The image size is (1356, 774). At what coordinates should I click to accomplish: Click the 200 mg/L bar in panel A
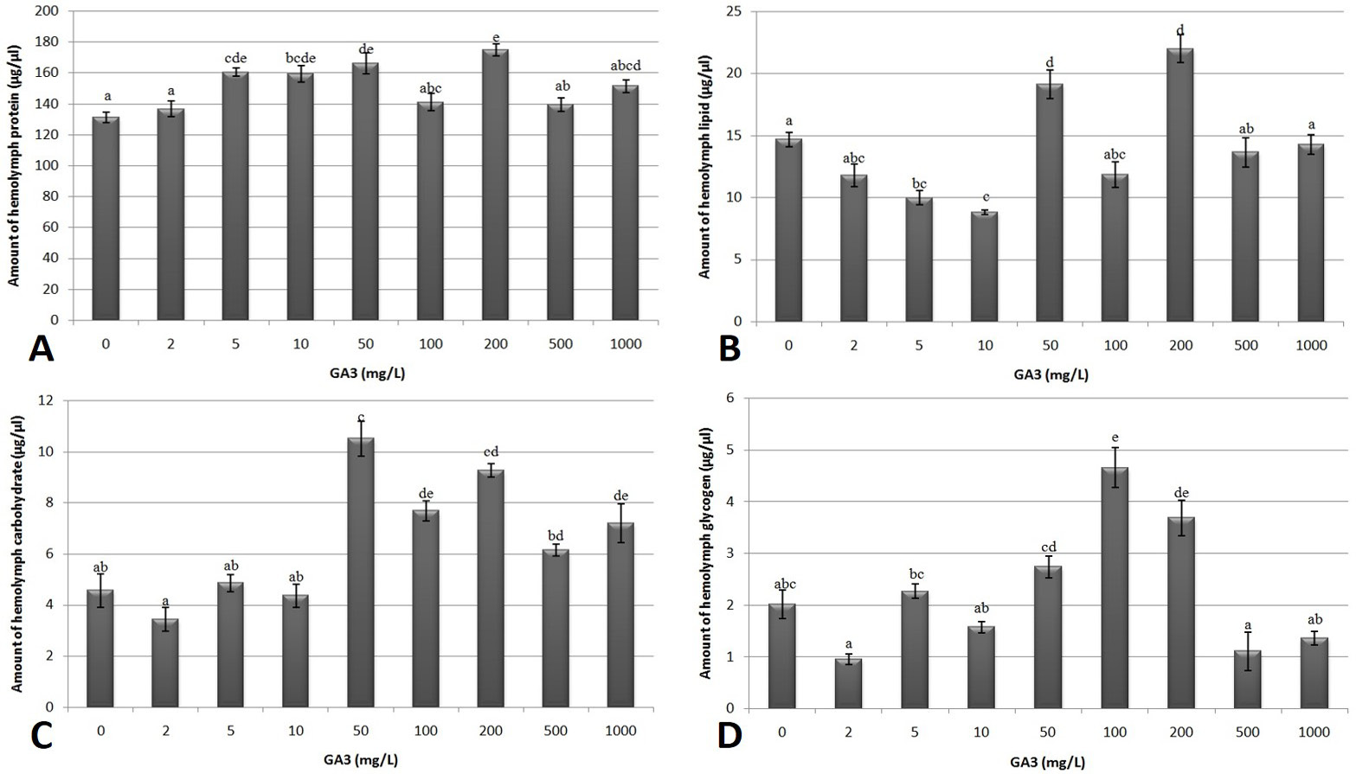(x=495, y=184)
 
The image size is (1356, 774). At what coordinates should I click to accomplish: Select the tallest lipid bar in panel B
(x=1179, y=185)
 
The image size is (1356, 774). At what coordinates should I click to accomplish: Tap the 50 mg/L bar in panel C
(x=361, y=573)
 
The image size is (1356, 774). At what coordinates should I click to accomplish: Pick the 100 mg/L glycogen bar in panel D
(x=1115, y=587)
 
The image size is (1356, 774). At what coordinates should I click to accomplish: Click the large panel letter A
(x=42, y=349)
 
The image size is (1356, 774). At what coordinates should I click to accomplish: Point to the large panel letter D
(x=729, y=735)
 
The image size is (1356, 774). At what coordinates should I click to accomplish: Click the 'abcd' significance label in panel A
(x=626, y=66)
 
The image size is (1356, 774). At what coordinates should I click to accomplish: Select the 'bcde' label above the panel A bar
(x=301, y=58)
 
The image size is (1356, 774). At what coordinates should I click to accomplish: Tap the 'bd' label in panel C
(x=556, y=535)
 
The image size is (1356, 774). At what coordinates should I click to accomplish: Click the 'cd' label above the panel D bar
(x=1048, y=547)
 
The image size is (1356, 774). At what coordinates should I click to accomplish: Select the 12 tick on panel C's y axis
(x=47, y=400)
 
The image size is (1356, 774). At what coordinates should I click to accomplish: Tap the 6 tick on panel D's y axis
(x=729, y=398)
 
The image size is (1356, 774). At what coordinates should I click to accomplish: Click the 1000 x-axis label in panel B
(x=1311, y=345)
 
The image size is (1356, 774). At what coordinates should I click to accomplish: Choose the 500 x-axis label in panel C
(x=556, y=731)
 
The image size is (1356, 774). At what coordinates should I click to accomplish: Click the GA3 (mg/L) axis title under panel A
(x=368, y=373)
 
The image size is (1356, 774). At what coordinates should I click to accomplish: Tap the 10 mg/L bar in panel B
(x=984, y=267)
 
